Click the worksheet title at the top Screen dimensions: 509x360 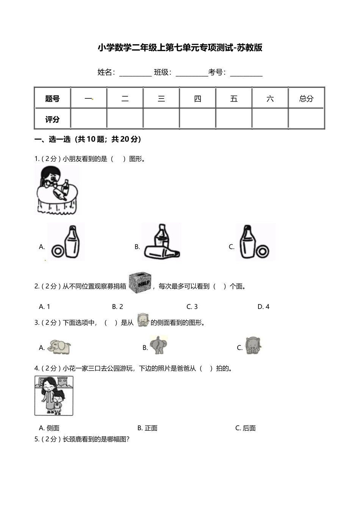pos(180,48)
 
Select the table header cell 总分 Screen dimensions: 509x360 pos(306,99)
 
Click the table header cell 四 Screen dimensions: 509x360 pos(197,99)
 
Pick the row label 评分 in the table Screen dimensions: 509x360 pos(52,119)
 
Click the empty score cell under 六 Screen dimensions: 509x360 pos(270,119)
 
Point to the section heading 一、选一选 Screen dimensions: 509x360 pos(88,139)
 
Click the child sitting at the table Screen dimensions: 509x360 pos(52,178)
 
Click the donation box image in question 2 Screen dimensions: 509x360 pos(140,283)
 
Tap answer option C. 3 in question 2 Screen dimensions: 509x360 pos(192,307)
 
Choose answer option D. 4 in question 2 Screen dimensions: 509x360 pos(263,307)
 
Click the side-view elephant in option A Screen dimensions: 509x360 pos(59,347)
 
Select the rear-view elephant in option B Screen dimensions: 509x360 pos(158,345)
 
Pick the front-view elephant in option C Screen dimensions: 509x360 pos(253,345)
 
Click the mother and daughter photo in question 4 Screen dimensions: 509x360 pos(54,396)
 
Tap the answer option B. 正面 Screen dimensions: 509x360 pos(147,428)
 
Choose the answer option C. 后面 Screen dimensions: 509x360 pos(246,428)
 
